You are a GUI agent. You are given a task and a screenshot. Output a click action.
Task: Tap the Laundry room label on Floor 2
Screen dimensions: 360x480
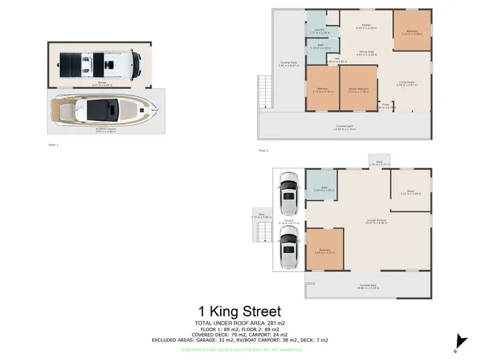[315, 31]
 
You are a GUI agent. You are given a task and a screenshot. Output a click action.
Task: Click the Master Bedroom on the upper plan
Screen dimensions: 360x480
[357, 90]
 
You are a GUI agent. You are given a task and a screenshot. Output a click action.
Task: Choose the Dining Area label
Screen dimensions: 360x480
[365, 54]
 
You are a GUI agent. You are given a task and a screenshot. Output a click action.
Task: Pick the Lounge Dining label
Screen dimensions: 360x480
[376, 220]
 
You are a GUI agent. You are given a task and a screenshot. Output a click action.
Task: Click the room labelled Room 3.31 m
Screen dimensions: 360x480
[410, 192]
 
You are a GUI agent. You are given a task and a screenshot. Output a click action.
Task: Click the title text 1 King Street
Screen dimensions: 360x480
[240, 312]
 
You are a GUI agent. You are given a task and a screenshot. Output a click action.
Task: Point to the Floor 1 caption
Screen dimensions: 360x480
[53, 145]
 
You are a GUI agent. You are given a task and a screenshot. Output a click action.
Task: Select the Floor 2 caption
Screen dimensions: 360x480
[263, 151]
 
